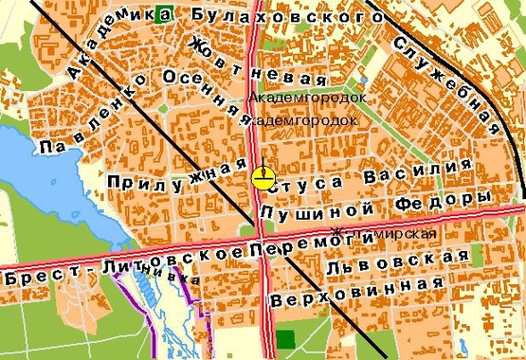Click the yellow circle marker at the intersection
click(x=263, y=176)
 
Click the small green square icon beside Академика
click(x=168, y=13)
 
